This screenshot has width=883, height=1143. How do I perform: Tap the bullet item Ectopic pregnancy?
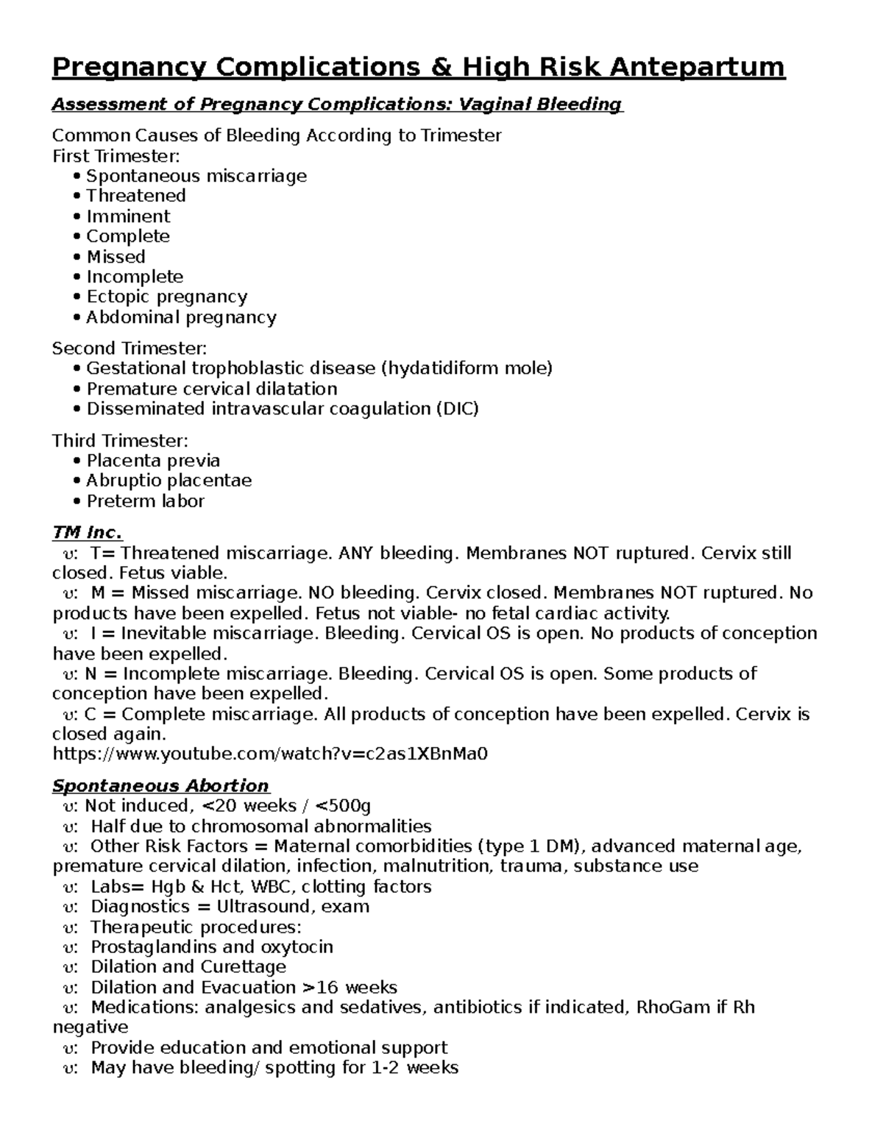[166, 297]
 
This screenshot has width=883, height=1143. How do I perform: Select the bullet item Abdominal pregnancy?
[181, 317]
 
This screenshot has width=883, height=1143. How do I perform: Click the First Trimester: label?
[116, 156]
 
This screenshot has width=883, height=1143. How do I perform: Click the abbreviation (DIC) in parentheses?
[457, 408]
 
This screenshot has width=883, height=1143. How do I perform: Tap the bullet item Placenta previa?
[153, 461]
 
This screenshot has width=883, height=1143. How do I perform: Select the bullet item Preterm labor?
[145, 501]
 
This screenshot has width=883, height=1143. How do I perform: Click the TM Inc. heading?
[87, 532]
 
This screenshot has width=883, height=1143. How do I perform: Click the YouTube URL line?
[271, 754]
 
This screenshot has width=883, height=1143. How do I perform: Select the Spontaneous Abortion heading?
[160, 785]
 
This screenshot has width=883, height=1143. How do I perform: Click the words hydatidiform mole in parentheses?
[466, 368]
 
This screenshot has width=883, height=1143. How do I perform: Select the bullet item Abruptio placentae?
[169, 481]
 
